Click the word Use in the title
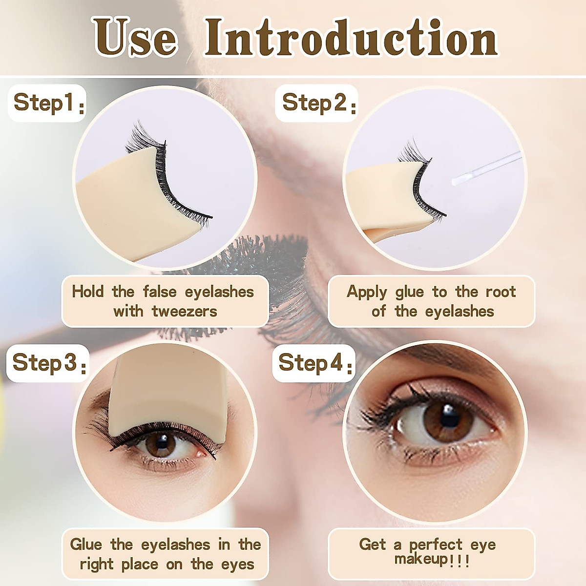click(x=135, y=38)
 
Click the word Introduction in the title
click(x=351, y=38)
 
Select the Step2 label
click(x=316, y=103)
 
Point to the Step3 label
click(x=47, y=363)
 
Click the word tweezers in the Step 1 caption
click(x=185, y=311)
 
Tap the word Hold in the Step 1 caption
click(x=88, y=292)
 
